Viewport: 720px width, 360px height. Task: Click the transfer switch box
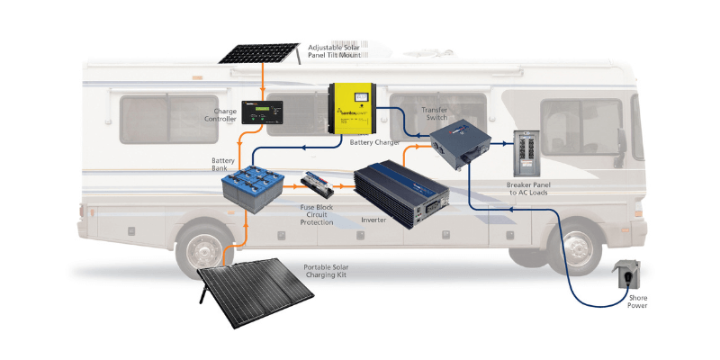click(462, 143)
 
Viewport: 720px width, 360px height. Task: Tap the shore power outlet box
click(625, 276)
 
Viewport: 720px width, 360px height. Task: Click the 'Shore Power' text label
click(636, 301)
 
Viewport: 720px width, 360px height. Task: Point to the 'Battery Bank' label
click(222, 166)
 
